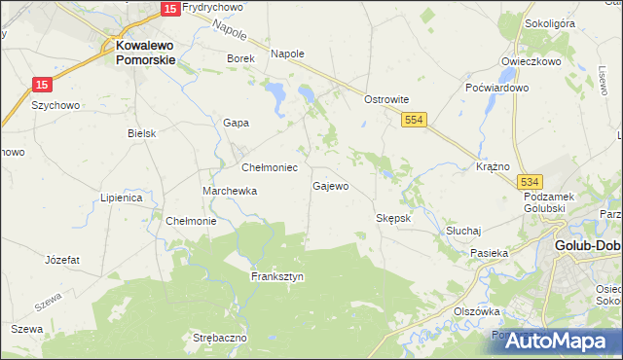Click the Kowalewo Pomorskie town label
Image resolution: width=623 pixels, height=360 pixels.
tap(145, 52)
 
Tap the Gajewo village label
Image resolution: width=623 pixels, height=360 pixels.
tap(330, 185)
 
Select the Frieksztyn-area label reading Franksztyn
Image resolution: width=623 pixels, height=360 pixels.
tap(277, 276)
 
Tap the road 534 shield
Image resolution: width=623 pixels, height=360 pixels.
tap(530, 182)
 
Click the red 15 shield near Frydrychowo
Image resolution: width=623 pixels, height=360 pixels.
tap(169, 8)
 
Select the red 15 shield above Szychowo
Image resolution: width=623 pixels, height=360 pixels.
tap(42, 86)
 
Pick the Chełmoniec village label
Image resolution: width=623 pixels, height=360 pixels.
tap(270, 167)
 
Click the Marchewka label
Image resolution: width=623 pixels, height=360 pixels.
tap(230, 191)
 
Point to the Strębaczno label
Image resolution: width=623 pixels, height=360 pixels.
tap(220, 338)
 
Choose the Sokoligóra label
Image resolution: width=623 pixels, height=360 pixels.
tap(550, 50)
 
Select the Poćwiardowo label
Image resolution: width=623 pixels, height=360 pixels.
tap(496, 88)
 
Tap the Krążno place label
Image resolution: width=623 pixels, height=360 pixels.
tap(494, 166)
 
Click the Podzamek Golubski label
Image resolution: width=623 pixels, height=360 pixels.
tap(551, 202)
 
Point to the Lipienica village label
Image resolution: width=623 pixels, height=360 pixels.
tap(122, 198)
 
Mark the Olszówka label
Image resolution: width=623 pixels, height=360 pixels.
tap(477, 311)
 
